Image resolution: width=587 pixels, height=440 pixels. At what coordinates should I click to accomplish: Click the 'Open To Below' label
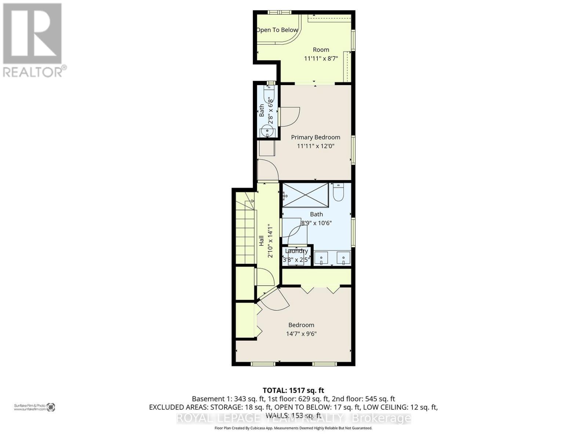point(277,30)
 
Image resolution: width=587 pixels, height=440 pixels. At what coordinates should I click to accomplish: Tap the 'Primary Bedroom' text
point(316,137)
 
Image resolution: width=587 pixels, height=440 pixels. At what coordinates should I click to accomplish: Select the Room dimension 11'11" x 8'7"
point(321,58)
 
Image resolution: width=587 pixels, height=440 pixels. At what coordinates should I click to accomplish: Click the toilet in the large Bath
point(338,192)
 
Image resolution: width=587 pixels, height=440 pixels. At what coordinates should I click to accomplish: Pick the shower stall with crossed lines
point(305,195)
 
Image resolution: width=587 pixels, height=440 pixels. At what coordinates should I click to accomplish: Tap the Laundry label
point(296,251)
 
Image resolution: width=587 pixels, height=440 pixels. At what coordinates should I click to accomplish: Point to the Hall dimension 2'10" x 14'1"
point(271,241)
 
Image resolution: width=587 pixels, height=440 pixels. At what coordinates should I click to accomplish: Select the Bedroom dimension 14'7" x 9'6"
point(301,334)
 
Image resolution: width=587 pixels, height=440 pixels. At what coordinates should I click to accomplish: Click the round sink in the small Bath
point(267,131)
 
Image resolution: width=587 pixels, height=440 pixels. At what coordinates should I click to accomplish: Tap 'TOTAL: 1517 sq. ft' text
point(293,390)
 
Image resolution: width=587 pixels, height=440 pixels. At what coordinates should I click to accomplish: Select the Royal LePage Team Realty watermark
point(293,418)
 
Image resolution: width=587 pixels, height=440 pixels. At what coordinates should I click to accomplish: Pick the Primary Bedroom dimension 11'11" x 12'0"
point(316,146)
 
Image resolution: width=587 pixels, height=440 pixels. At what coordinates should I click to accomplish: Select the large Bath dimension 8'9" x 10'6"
point(316,223)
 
